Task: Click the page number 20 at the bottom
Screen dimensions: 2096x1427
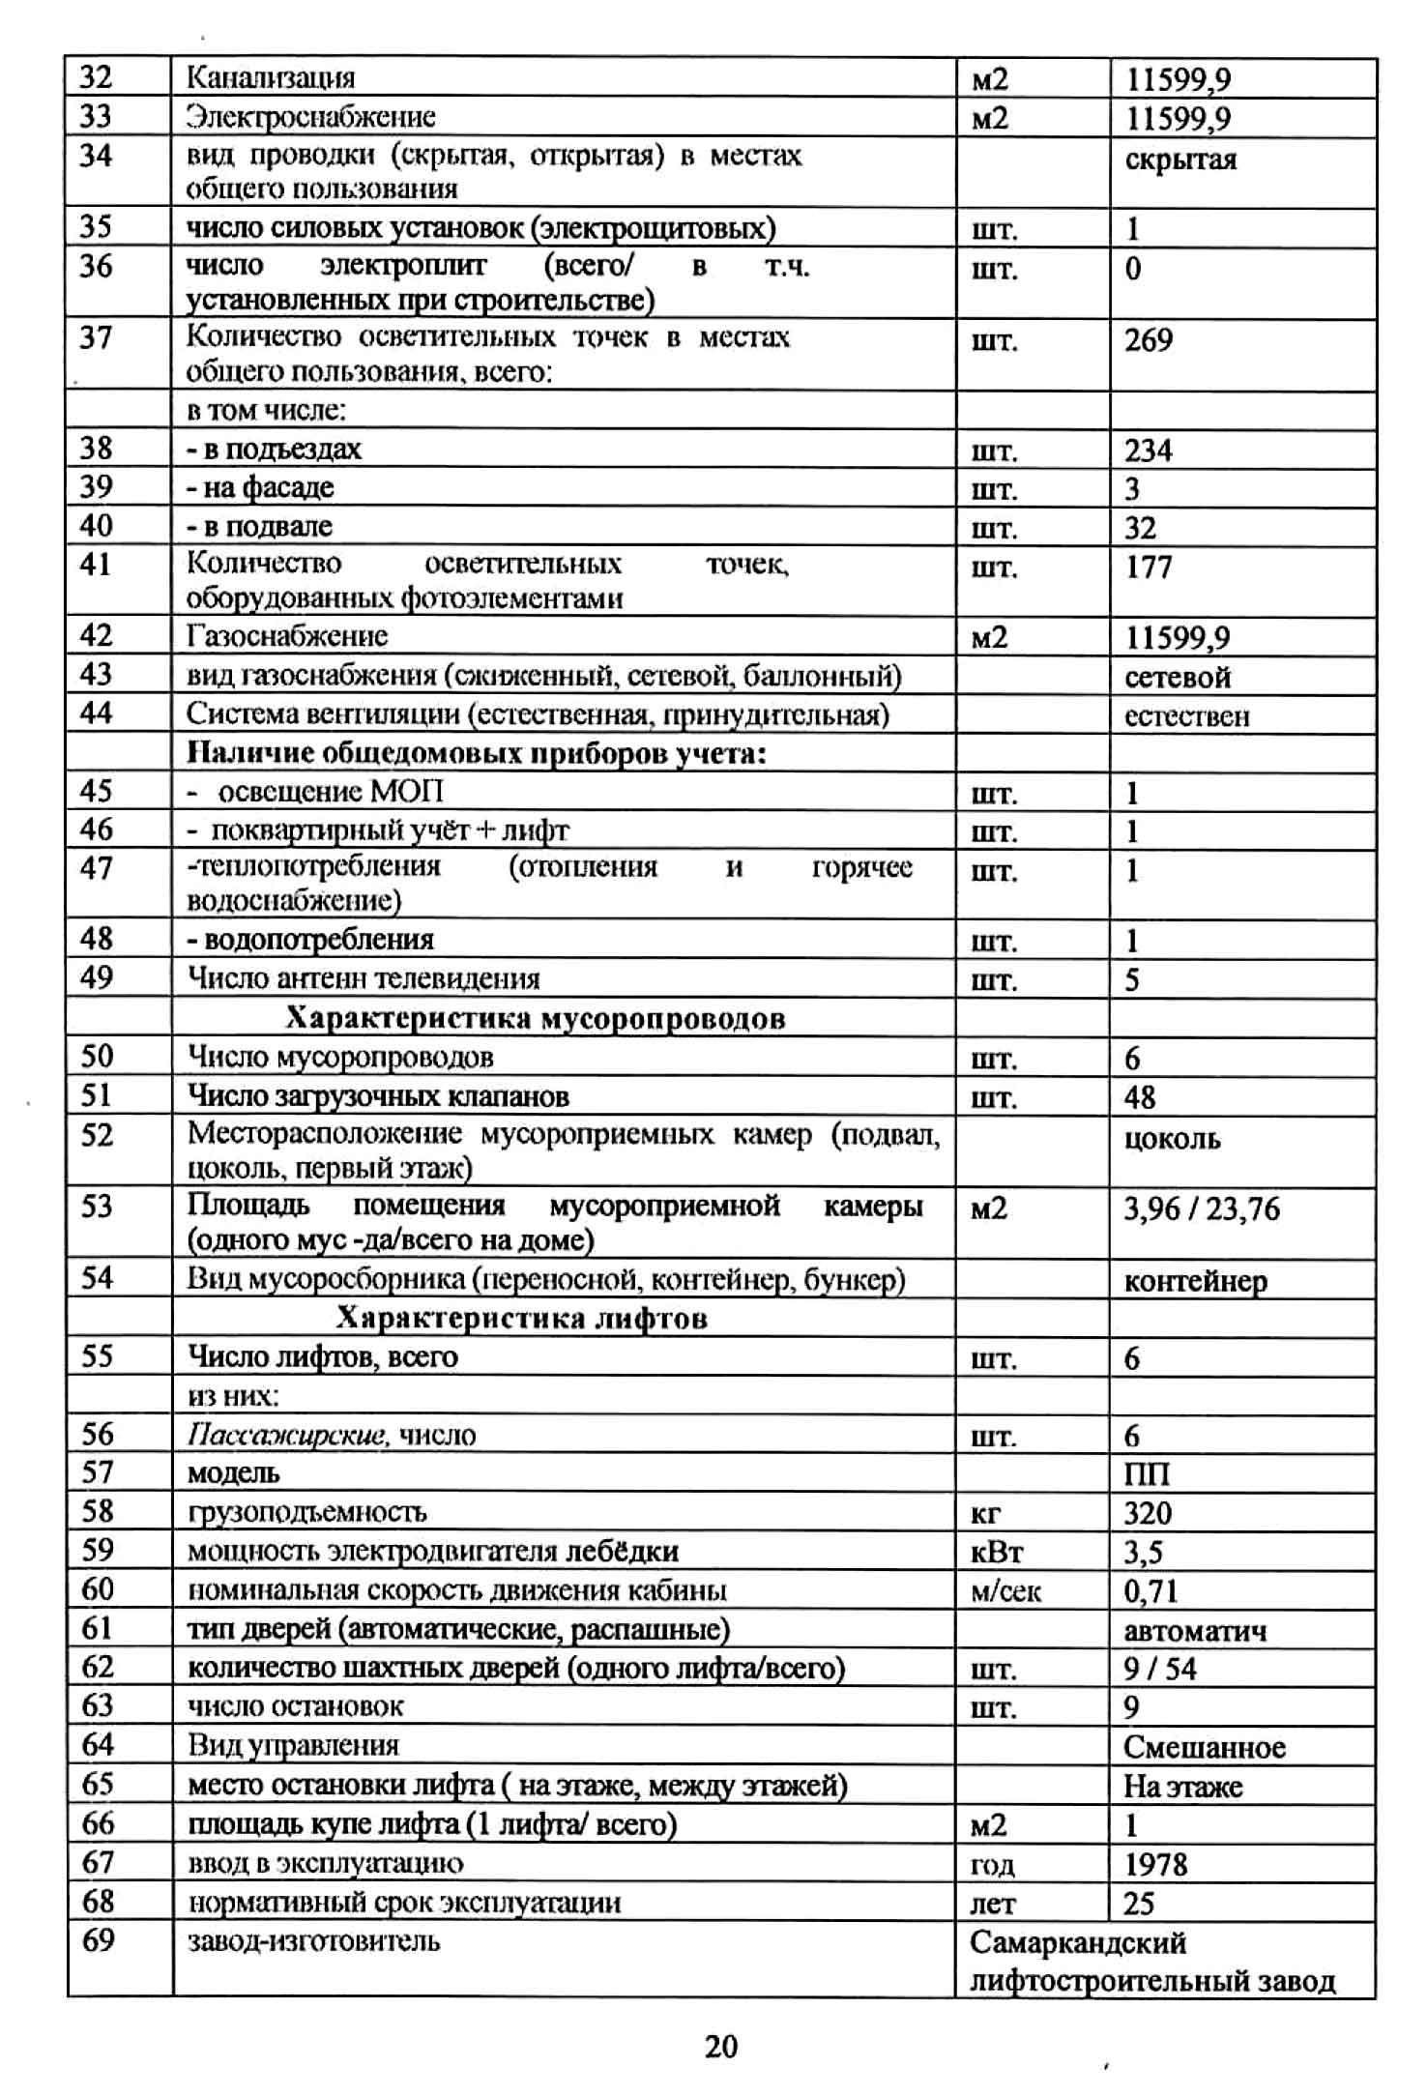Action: point(720,2046)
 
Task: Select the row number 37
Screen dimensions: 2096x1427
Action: point(96,338)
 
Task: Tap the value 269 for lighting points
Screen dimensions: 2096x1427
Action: point(1148,340)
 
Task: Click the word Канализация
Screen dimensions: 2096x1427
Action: point(271,77)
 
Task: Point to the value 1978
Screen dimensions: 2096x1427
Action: point(1155,1863)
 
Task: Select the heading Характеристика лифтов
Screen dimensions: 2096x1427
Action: point(521,1319)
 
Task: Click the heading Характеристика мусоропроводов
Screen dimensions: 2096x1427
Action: point(535,1018)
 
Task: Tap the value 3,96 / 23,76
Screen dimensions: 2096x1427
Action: point(1201,1209)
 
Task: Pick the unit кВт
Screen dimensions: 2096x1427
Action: point(996,1552)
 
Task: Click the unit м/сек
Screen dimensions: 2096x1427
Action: point(1005,1591)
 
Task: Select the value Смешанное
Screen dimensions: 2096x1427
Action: point(1204,1747)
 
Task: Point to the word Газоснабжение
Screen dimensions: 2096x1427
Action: point(287,636)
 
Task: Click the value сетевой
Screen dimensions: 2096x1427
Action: point(1178,677)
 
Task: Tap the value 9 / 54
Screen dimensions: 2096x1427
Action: point(1159,1669)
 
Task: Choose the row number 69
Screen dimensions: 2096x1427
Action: point(98,1939)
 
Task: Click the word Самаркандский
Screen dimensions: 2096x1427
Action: point(1077,1941)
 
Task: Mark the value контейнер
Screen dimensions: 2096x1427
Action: point(1195,1282)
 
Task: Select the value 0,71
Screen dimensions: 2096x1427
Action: point(1150,1591)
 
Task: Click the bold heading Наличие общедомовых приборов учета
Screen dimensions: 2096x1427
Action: point(476,753)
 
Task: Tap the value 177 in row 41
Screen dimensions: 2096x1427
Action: point(1148,567)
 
